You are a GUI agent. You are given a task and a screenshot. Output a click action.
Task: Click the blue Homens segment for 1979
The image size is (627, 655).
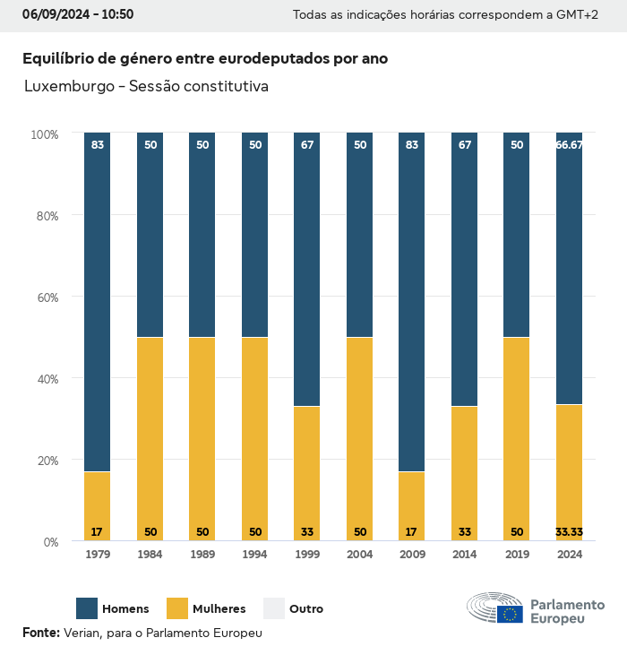click(x=98, y=302)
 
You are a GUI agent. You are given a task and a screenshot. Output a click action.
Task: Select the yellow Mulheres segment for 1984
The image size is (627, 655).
click(x=150, y=439)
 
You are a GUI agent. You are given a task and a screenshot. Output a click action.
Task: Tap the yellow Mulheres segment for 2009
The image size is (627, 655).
click(x=411, y=506)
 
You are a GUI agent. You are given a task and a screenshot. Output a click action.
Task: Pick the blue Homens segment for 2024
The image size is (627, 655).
click(x=569, y=269)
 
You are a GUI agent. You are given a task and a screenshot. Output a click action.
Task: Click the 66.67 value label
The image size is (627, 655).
click(x=569, y=145)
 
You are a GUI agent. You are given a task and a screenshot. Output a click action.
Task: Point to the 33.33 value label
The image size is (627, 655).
click(x=569, y=532)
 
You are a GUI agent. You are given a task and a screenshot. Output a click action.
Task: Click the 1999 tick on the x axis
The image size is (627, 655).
click(x=307, y=555)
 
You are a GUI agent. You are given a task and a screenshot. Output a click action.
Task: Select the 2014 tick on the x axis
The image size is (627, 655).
click(x=464, y=555)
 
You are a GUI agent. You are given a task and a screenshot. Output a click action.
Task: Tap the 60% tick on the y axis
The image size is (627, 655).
click(x=45, y=297)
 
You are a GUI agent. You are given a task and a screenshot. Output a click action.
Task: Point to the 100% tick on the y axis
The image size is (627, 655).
click(x=44, y=134)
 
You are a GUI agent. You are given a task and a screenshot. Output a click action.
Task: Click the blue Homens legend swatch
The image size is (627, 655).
click(x=87, y=608)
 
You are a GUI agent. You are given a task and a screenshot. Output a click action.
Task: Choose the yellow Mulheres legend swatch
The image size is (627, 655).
click(x=177, y=608)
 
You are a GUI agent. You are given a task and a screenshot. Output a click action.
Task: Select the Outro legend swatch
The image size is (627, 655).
click(x=273, y=608)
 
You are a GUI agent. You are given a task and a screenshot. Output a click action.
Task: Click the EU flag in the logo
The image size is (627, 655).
click(x=511, y=614)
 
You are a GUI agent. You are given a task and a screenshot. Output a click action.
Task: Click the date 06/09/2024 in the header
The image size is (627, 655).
click(x=53, y=14)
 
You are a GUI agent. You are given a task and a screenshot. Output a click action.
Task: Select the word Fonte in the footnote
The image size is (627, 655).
click(x=40, y=633)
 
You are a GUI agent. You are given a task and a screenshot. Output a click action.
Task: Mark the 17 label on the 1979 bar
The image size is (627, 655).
click(x=98, y=532)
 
